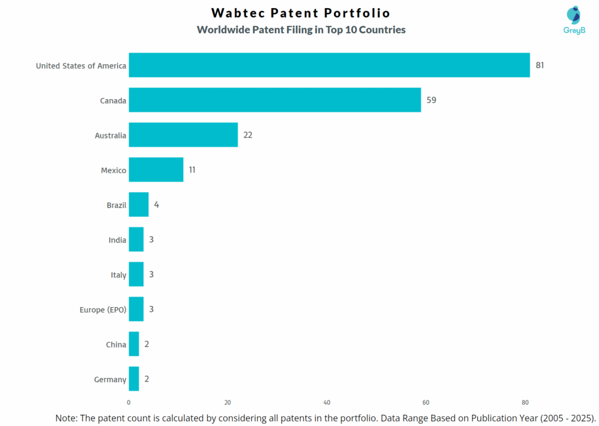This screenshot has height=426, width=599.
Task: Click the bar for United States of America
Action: (x=329, y=65)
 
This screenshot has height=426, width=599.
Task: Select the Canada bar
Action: (x=274, y=100)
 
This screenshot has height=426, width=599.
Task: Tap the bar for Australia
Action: (x=183, y=135)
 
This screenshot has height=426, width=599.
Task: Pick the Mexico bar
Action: (x=156, y=170)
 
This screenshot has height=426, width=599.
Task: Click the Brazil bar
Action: (x=139, y=205)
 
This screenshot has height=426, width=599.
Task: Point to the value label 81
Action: (x=539, y=65)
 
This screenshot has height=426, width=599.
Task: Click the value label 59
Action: (x=431, y=100)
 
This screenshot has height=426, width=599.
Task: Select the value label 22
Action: (x=247, y=135)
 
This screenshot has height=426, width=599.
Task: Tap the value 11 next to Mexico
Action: (x=192, y=170)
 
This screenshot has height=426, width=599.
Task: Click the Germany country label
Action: (x=110, y=380)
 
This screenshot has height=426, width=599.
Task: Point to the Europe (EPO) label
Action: (x=103, y=309)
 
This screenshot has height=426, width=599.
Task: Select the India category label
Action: (x=117, y=240)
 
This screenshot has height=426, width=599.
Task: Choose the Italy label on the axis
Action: (x=118, y=275)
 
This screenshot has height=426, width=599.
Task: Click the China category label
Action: (x=116, y=345)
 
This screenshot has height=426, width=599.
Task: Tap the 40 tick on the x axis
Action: (x=327, y=403)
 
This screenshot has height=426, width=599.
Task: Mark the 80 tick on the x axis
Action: (x=525, y=403)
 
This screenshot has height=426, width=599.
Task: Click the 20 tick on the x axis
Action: (x=228, y=403)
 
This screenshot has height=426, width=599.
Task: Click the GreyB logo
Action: (x=574, y=21)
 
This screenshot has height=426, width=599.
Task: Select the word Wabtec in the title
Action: (x=236, y=13)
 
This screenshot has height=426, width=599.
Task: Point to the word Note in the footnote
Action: (x=67, y=418)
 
